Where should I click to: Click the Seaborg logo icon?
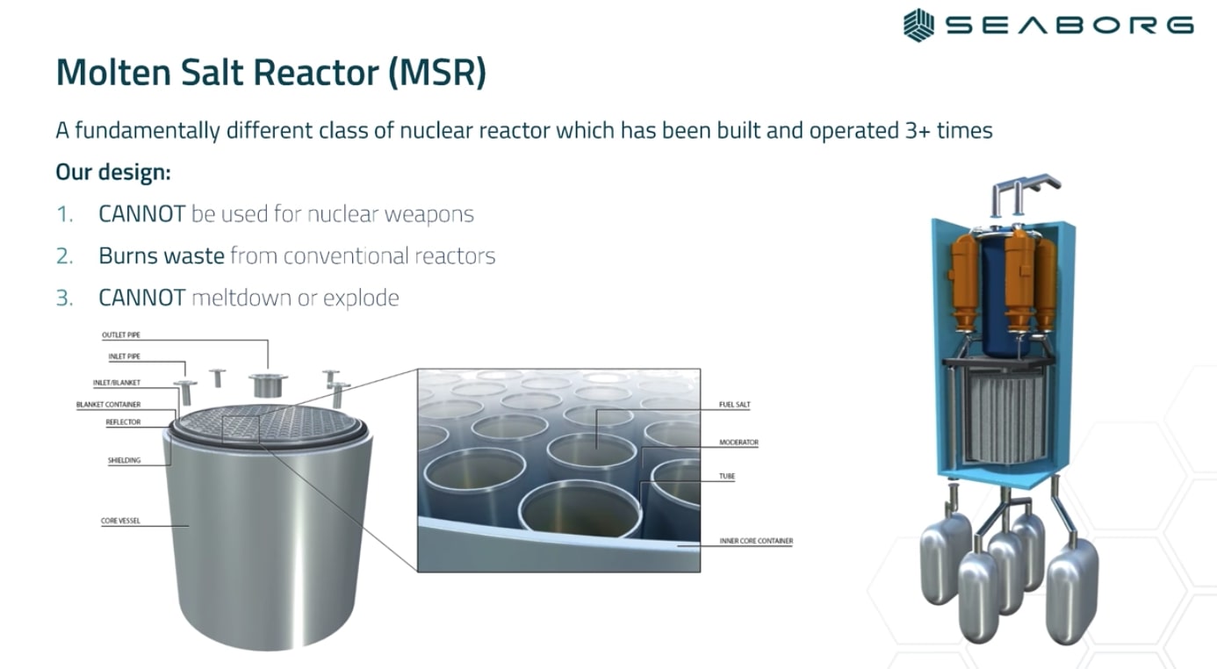click(918, 25)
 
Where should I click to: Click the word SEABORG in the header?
click(1069, 25)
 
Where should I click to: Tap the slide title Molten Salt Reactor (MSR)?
click(270, 73)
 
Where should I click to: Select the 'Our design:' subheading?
click(112, 172)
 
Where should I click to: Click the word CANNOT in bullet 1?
click(141, 214)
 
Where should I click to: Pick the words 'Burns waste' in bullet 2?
click(161, 255)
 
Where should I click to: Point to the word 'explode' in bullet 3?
click(361, 298)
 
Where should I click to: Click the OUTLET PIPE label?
click(121, 335)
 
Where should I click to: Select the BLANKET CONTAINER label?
click(108, 405)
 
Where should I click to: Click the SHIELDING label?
click(124, 460)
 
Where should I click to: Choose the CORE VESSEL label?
click(120, 522)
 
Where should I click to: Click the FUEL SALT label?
click(735, 405)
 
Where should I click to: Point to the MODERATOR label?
click(738, 442)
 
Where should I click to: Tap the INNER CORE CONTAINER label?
click(756, 541)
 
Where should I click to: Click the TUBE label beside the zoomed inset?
click(727, 477)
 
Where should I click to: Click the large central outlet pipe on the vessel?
click(268, 383)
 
